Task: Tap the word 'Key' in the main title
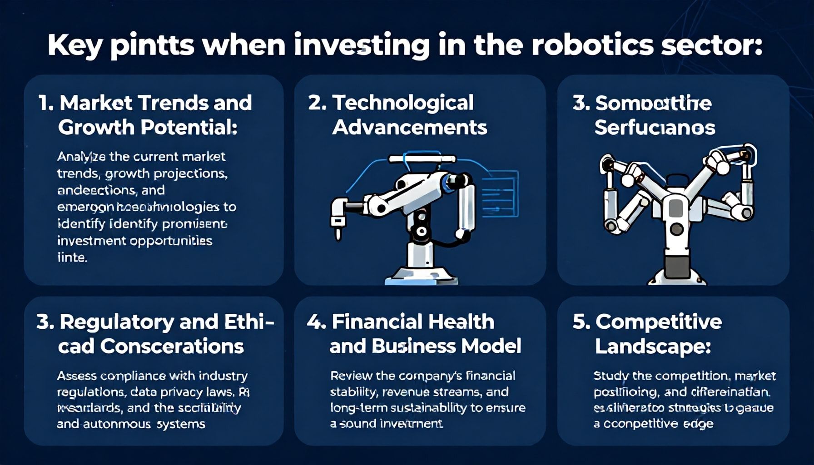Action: coord(74,46)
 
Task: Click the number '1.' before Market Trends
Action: coord(46,103)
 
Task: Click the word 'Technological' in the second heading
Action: coord(403,103)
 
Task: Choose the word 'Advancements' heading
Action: coord(409,127)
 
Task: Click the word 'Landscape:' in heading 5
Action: coord(653,346)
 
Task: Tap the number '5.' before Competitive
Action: coord(581,322)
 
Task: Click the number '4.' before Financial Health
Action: coord(316,322)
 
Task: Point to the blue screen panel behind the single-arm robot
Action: coord(500,193)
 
